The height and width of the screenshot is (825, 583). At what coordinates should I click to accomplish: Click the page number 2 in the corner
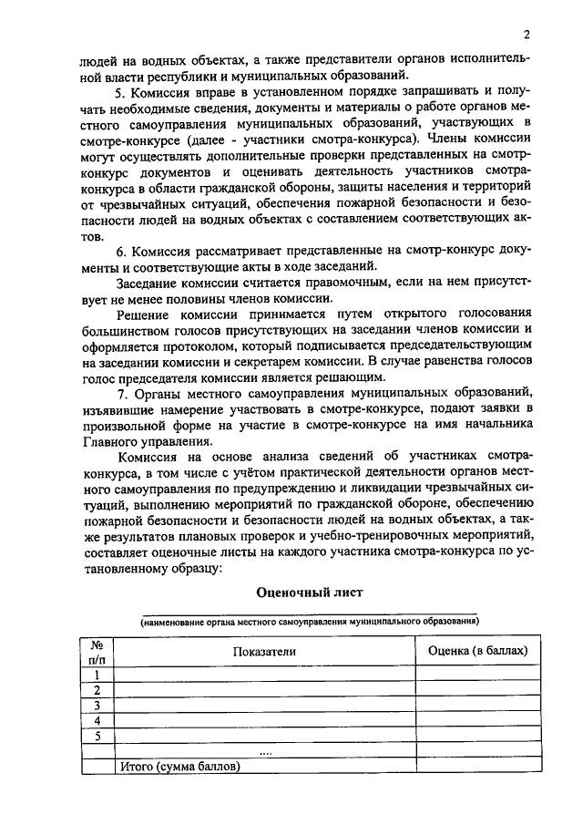pos(527,36)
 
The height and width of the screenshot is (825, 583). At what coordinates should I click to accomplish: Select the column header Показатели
pos(265,651)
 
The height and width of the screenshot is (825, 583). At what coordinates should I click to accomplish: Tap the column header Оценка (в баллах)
pos(478,651)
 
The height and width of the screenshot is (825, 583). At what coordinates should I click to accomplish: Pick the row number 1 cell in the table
pos(97,675)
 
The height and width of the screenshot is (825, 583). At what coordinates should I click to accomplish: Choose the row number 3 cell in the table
pos(97,706)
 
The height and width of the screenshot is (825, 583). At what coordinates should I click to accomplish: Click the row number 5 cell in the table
pos(97,737)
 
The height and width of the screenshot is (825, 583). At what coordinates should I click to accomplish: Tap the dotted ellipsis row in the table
pos(265,752)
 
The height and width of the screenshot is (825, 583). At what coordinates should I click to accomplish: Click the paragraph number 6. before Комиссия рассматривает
pos(121,251)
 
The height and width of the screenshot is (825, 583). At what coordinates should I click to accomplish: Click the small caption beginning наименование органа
pos(310,622)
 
